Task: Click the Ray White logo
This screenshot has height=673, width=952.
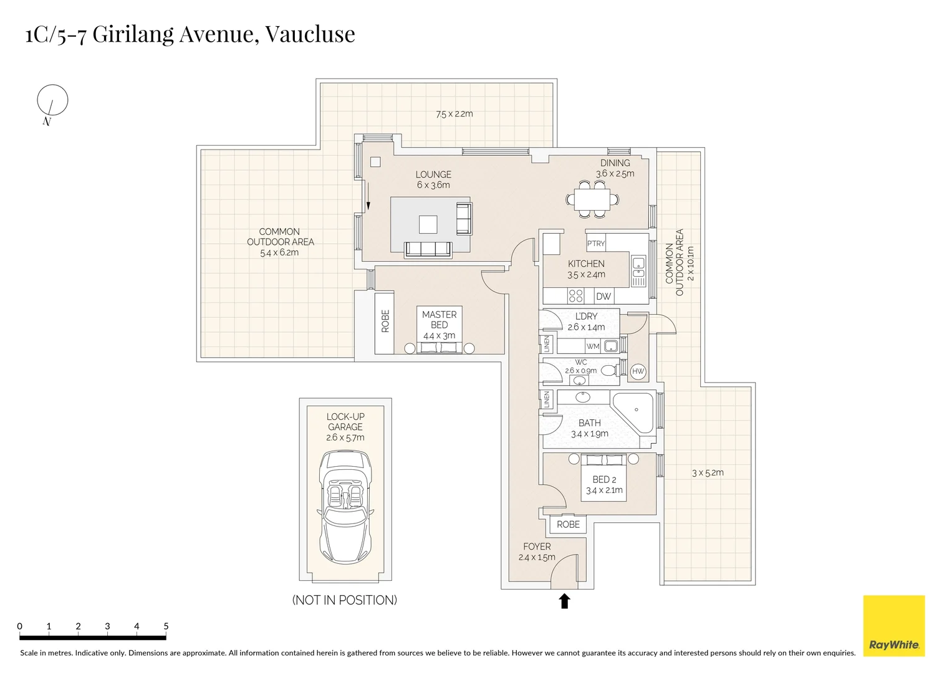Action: click(x=893, y=626)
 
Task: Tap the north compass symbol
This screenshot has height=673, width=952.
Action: click(x=52, y=100)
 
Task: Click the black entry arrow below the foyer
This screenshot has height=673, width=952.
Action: click(x=564, y=601)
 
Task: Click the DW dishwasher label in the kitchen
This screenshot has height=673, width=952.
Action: click(x=603, y=297)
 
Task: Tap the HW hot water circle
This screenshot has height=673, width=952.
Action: click(x=638, y=372)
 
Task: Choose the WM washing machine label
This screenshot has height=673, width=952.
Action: click(x=592, y=346)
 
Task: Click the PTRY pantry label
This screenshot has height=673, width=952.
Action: click(x=595, y=244)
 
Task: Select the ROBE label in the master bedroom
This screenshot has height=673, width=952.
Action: click(x=385, y=322)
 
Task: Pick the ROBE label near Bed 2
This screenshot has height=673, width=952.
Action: click(x=568, y=525)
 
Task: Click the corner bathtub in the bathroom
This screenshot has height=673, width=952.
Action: click(x=634, y=411)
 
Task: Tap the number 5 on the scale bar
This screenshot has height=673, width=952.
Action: click(x=166, y=626)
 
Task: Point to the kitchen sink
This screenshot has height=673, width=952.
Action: click(x=638, y=268)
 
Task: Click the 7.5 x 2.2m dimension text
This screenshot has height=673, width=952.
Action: click(x=454, y=114)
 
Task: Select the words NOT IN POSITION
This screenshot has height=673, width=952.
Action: click(x=345, y=600)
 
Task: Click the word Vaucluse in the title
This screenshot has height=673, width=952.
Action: click(x=310, y=34)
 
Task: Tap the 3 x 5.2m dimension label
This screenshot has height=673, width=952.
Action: click(x=708, y=473)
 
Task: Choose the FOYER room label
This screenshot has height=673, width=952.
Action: click(x=537, y=547)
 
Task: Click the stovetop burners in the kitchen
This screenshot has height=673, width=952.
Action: click(x=576, y=296)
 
